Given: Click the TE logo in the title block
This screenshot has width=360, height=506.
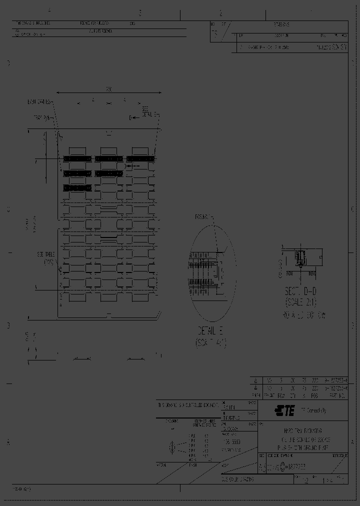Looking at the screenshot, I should click(285, 410).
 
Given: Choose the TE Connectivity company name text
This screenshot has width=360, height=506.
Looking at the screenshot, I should click(313, 411).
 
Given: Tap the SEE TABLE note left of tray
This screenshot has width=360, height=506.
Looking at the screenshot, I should click(45, 257).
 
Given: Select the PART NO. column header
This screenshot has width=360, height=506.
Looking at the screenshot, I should click(337, 395).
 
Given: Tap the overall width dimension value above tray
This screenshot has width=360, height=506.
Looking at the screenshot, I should click(108, 89).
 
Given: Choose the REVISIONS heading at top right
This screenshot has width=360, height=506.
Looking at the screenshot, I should click(281, 24).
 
